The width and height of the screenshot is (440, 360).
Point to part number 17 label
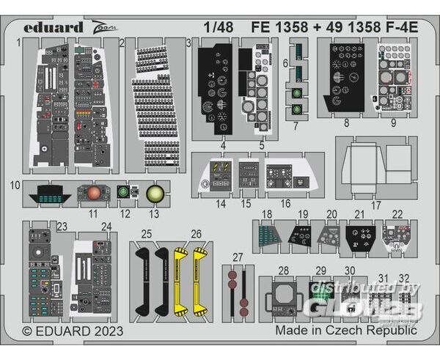click(x=375, y=205)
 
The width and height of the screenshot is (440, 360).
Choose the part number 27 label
click(x=236, y=257)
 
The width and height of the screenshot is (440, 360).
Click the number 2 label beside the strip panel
click(x=122, y=43)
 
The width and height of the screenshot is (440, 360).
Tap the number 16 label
click(x=285, y=203)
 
